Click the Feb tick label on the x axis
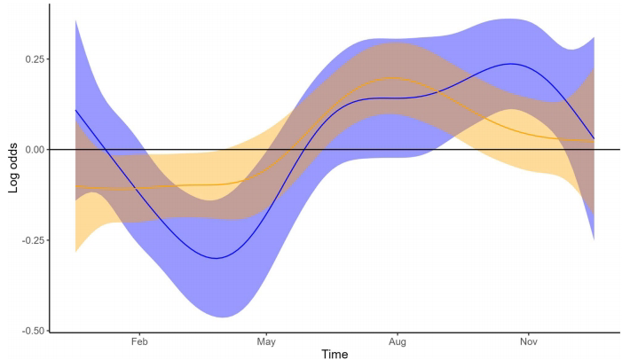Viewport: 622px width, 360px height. [138, 340]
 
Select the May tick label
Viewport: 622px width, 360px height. [266, 340]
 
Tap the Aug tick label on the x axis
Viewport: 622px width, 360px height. [397, 340]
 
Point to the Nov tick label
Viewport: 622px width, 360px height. [528, 340]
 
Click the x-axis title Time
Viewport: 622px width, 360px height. [335, 354]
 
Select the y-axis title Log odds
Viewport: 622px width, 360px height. [13, 168]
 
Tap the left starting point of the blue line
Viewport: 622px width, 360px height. [75, 110]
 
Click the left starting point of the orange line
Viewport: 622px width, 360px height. [75, 187]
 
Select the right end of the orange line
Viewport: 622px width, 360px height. [594, 141]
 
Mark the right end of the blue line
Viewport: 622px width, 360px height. [594, 139]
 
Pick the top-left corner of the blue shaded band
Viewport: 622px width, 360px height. [75, 20]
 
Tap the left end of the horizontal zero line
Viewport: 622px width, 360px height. [51, 150]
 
